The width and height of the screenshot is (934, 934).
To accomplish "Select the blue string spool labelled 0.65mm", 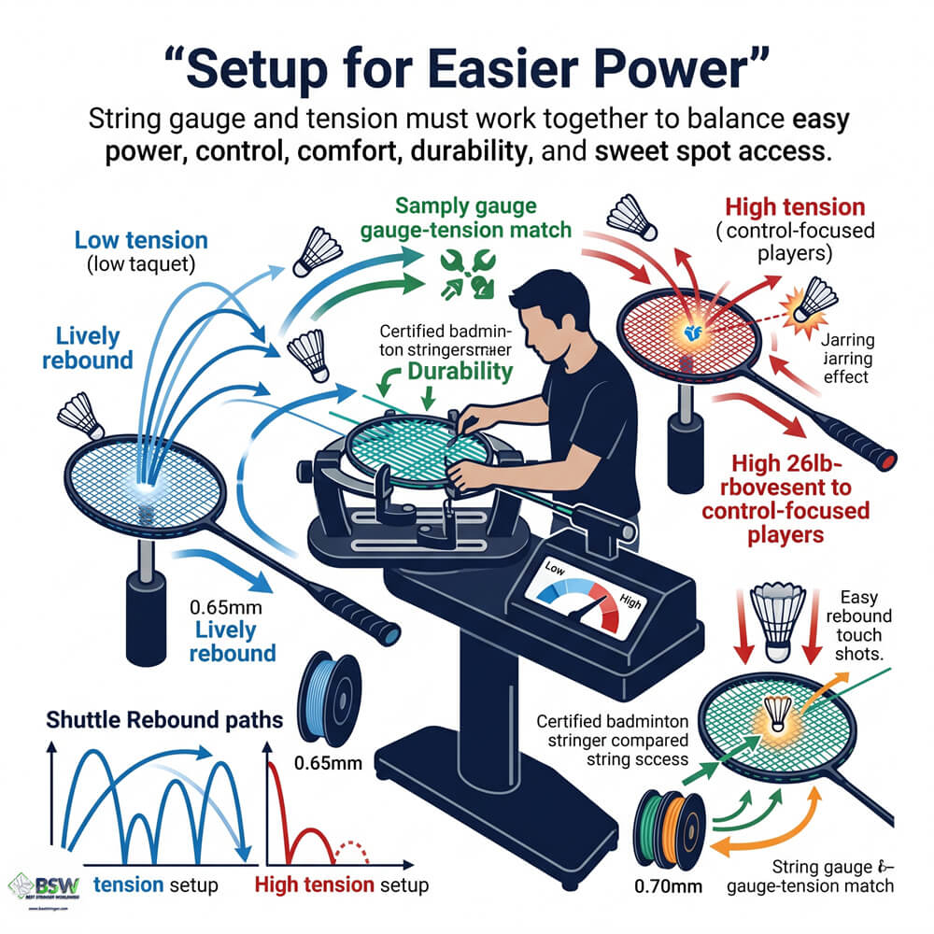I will click(x=326, y=697).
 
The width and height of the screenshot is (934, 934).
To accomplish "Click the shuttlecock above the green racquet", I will click(x=778, y=614).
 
